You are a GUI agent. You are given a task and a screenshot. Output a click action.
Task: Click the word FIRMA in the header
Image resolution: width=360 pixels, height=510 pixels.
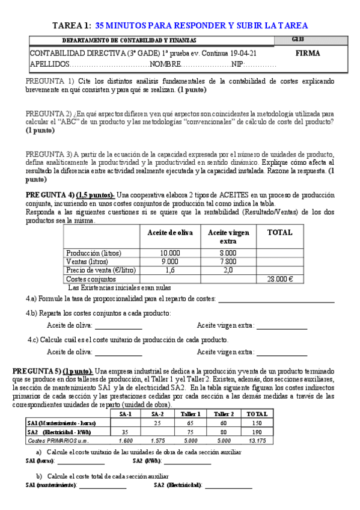coord(308,53)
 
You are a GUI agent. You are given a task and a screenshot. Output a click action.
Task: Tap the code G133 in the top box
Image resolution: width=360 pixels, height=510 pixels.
coord(298,40)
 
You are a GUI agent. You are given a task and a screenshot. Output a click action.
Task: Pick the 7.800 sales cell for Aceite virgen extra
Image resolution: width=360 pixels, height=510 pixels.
coord(227,262)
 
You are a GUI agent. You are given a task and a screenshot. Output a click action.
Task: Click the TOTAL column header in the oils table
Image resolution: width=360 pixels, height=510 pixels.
coord(279,233)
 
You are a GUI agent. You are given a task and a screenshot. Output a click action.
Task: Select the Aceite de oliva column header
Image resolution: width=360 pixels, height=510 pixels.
coord(170,233)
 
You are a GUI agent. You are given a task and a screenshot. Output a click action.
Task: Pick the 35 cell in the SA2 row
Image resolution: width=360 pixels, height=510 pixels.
coord(125,432)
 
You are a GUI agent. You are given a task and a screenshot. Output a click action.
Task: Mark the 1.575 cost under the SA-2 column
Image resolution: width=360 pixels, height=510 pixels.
coord(157,440)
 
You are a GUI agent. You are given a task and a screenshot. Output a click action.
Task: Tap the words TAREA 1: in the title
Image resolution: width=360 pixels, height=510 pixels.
coord(72,25)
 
